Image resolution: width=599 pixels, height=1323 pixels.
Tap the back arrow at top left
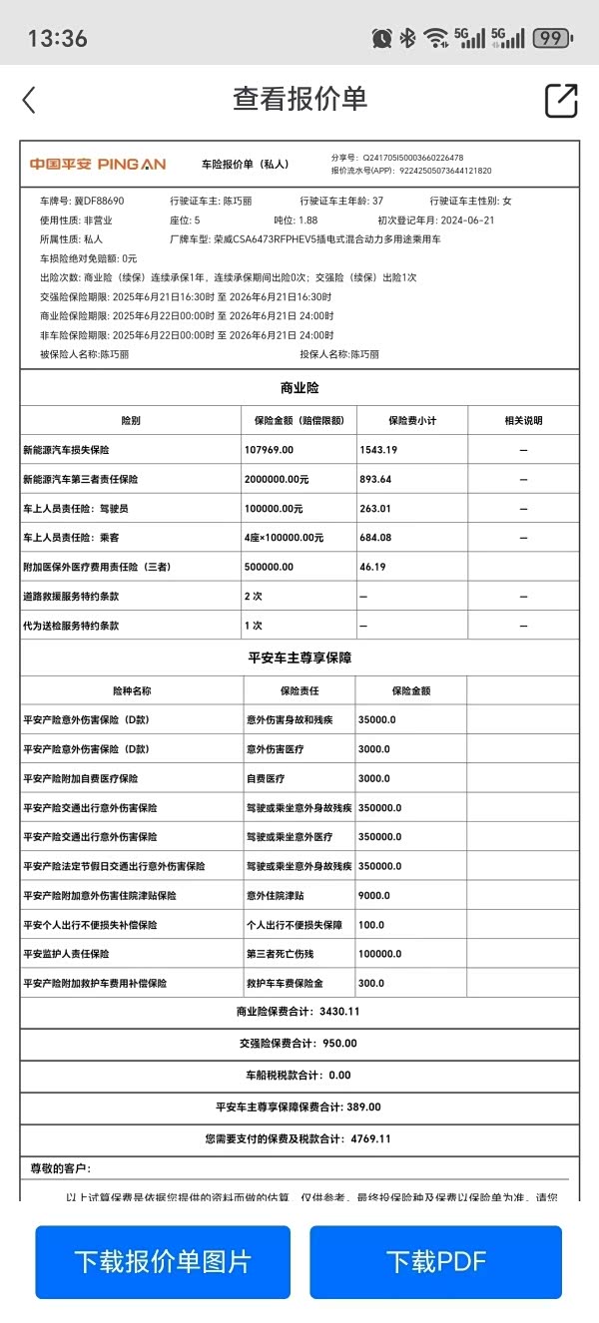point(29,100)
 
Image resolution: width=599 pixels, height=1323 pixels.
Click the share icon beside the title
point(561,100)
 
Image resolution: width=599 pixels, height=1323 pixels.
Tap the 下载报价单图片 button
point(163,1261)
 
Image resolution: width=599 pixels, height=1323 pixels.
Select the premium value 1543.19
point(378,450)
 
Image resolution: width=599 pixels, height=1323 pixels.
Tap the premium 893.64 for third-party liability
point(375,479)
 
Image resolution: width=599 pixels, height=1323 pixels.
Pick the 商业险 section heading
point(299,388)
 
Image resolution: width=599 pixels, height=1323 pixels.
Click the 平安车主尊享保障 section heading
point(299,659)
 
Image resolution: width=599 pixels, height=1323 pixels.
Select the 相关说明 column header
point(523,420)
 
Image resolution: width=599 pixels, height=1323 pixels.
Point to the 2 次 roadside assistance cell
point(254,597)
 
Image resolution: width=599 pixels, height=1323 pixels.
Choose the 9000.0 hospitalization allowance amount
point(375,895)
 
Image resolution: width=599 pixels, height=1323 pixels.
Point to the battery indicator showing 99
point(552,38)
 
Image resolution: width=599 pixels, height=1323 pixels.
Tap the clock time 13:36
point(58,39)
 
